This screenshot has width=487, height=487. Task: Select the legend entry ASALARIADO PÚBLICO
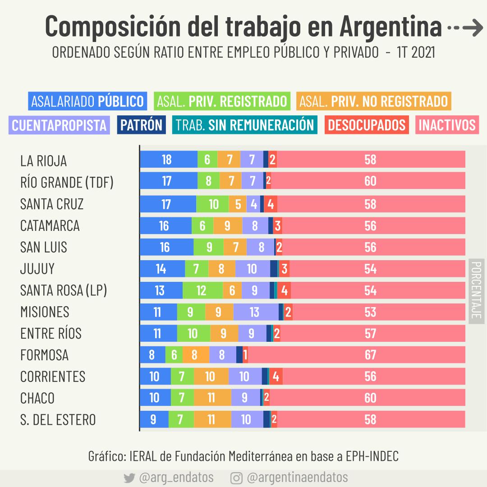pyautogui.click(x=87, y=101)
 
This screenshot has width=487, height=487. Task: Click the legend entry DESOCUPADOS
pyautogui.click(x=367, y=125)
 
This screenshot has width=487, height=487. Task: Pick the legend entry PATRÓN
pyautogui.click(x=141, y=125)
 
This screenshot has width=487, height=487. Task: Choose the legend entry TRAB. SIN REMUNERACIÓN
pyautogui.click(x=244, y=125)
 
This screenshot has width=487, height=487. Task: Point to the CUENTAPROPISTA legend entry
pyautogui.click(x=59, y=125)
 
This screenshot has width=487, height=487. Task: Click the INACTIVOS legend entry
pyautogui.click(x=447, y=125)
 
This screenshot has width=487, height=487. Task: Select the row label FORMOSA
pyautogui.click(x=44, y=355)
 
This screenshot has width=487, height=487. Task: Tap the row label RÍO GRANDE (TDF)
pyautogui.click(x=67, y=182)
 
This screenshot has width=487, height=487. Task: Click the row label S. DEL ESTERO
pyautogui.click(x=58, y=420)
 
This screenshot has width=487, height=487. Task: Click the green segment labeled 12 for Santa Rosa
pyautogui.click(x=202, y=290)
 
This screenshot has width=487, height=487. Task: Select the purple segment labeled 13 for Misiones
pyautogui.click(x=256, y=312)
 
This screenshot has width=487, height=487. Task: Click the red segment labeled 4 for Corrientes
pyautogui.click(x=276, y=377)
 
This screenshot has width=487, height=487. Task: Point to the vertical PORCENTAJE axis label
pyautogui.click(x=476, y=291)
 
